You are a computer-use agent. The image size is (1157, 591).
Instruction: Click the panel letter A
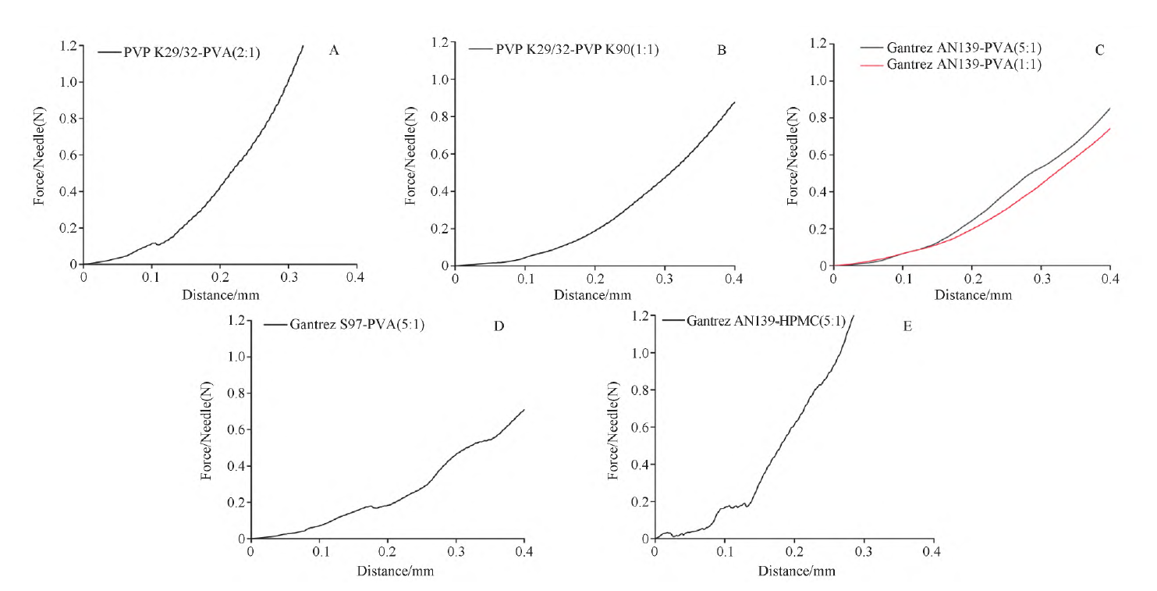(x=334, y=51)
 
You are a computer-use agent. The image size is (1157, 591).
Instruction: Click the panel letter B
(x=722, y=51)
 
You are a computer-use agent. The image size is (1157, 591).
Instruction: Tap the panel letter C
(x=1100, y=51)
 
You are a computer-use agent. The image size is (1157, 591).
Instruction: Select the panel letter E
(x=907, y=326)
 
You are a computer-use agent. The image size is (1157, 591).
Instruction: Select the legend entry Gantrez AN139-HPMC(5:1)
(x=754, y=321)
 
